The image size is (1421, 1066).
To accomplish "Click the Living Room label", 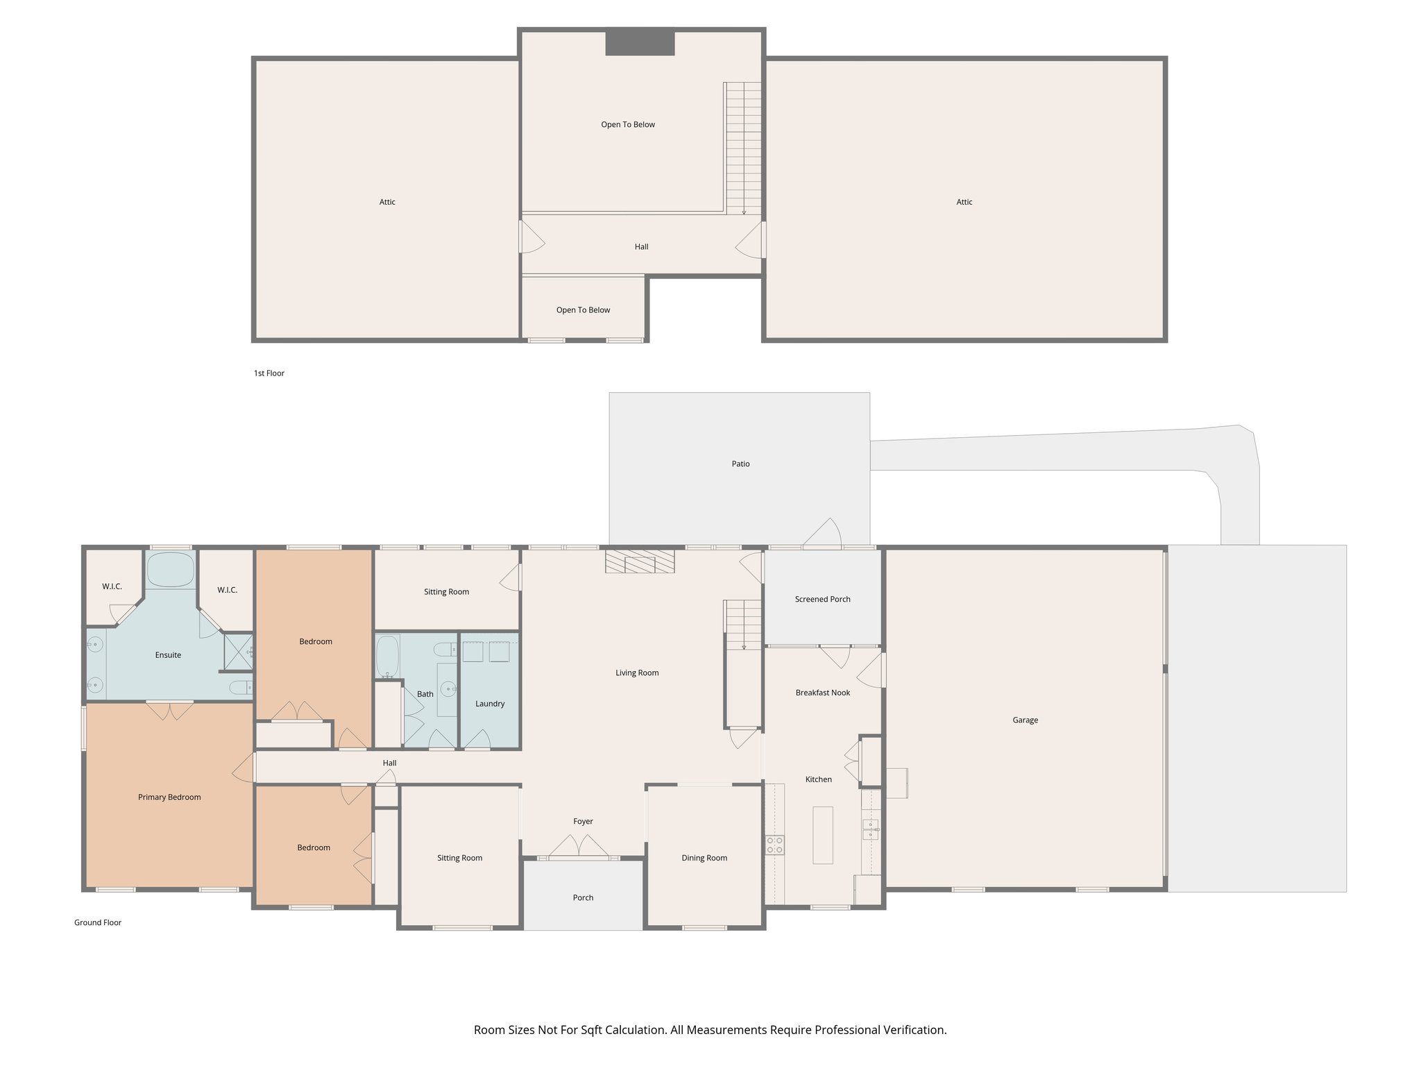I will point(636,672).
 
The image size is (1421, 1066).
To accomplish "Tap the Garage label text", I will point(1025,720).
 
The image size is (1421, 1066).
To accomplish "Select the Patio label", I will point(740,464).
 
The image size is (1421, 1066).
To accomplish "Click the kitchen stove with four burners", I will point(774,845).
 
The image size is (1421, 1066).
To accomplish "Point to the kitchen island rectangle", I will point(822,835).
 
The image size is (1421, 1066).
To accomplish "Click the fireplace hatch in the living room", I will point(640,561).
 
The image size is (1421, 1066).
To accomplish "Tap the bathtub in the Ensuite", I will point(171,570).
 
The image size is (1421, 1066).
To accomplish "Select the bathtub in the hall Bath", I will point(387,657).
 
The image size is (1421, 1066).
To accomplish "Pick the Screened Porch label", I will point(822,599).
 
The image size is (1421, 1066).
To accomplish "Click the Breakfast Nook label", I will point(822,693).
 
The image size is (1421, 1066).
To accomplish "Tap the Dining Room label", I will point(704,858).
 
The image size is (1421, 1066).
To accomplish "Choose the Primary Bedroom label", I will point(169,797).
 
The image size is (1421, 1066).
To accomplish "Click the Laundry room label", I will point(490,704).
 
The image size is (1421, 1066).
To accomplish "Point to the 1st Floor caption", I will point(269,373).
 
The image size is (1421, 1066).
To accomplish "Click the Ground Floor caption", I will point(98,922).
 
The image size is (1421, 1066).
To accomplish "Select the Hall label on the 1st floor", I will point(641,246).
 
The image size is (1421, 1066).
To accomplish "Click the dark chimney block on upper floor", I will point(640,42).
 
